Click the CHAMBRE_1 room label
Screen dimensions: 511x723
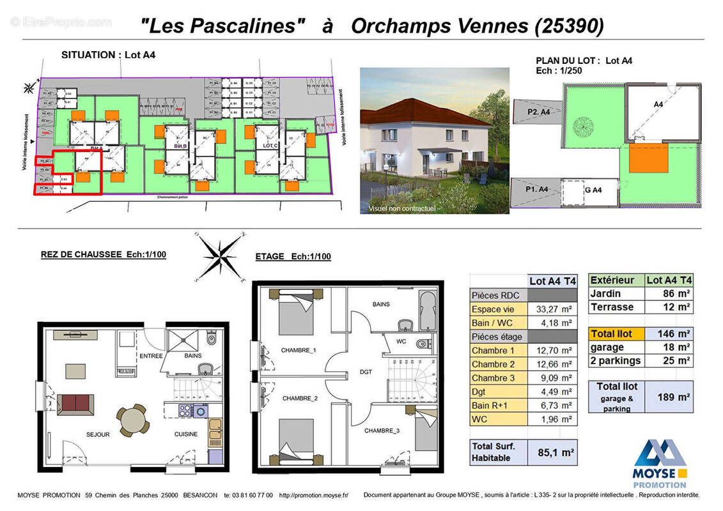point(299,350)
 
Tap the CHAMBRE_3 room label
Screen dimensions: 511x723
point(382,431)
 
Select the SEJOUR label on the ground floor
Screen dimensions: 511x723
point(98,434)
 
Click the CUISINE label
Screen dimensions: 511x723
point(187,434)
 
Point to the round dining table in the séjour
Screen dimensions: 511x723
point(133,421)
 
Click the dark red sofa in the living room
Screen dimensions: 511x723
point(75,403)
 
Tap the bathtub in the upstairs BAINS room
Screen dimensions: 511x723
point(428,310)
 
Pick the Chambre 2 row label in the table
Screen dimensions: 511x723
point(493,364)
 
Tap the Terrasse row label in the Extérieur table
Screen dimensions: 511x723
point(612,307)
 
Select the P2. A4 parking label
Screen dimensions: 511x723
point(539,111)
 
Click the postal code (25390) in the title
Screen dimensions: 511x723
point(568,26)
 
